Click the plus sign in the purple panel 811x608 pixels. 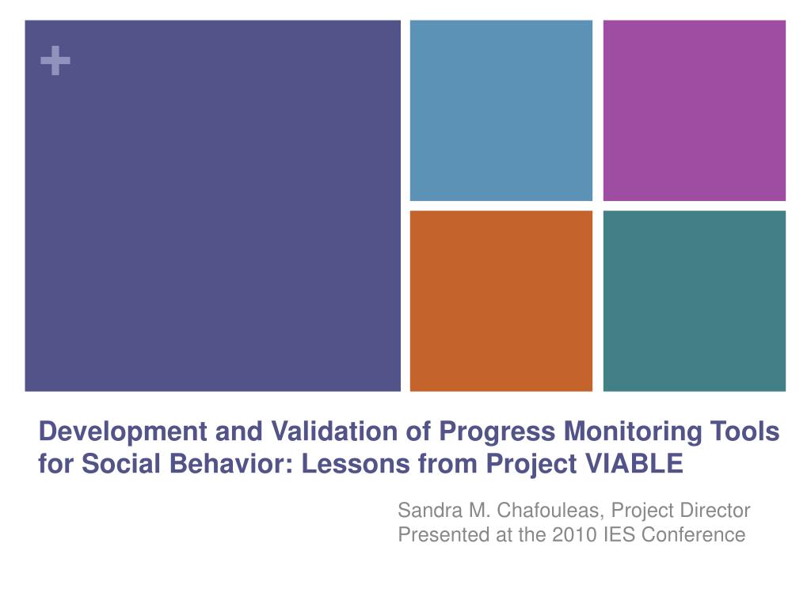(55, 60)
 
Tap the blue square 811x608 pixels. (501, 111)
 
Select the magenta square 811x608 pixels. (694, 111)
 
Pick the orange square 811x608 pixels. (501, 301)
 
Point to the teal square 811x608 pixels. (694, 301)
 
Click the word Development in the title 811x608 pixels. (123, 432)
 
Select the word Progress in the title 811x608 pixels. (497, 432)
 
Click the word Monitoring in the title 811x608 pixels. (633, 432)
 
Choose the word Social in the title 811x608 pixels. (121, 462)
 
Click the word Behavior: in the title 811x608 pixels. (231, 462)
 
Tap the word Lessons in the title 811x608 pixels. (356, 462)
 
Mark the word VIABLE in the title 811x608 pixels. (634, 462)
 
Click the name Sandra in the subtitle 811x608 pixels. (430, 511)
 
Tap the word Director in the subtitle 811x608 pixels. (715, 511)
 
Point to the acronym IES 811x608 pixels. (619, 534)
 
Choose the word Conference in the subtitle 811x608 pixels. (694, 534)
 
